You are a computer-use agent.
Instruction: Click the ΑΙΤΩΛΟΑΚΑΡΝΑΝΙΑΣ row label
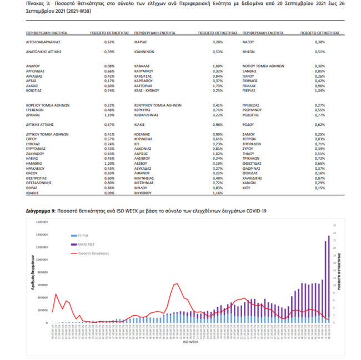(43, 42)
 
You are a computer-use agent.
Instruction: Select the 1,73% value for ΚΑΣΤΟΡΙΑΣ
(218, 87)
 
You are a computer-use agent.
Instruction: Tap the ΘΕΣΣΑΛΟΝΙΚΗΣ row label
(39, 182)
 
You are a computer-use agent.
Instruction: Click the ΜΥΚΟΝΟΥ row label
(144, 193)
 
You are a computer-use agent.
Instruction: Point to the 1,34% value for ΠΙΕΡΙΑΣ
(319, 91)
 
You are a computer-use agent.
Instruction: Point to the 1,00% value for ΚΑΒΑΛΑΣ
(218, 65)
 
